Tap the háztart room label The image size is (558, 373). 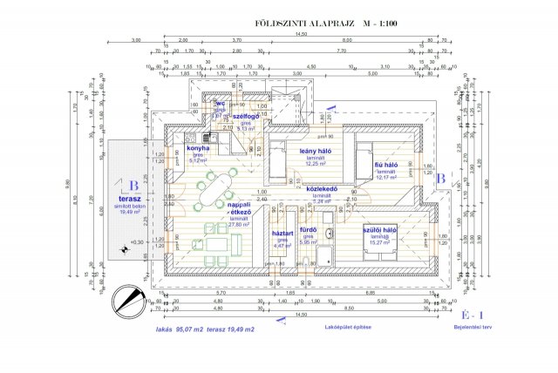click(281, 234)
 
